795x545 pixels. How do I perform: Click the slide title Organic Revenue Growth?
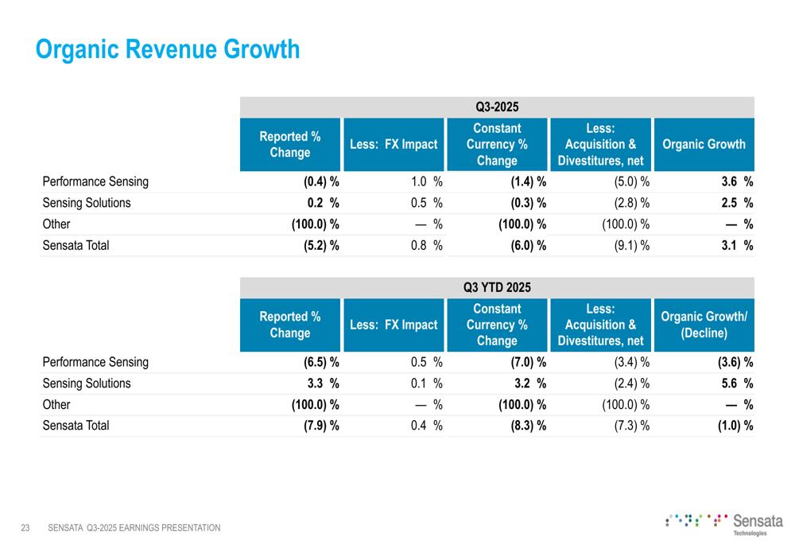(169, 50)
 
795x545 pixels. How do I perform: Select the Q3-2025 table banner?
(501, 106)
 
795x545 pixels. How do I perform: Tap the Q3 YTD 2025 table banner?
(501, 286)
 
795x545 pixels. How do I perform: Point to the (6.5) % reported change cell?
(321, 364)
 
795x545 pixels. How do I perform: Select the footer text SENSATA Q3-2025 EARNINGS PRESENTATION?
(134, 527)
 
